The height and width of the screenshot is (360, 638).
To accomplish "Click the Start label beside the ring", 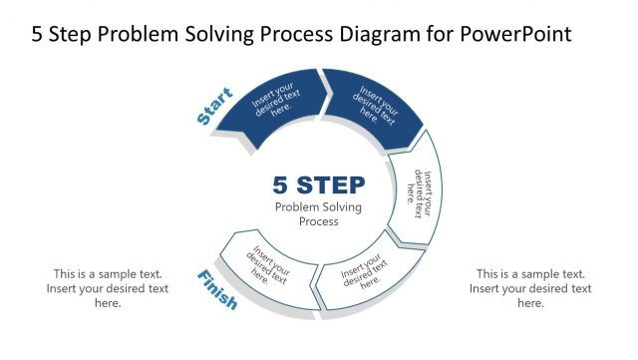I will click(x=215, y=107).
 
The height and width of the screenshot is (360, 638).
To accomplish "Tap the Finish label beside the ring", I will click(x=217, y=289).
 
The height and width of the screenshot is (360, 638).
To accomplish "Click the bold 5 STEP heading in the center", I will click(x=318, y=184).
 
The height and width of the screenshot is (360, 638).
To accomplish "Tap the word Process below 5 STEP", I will click(x=319, y=221).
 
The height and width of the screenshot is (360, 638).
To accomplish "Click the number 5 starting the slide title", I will click(x=39, y=33).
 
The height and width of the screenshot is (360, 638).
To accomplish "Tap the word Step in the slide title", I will click(x=71, y=33).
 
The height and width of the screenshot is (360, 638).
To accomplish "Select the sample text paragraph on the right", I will click(x=530, y=288).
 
